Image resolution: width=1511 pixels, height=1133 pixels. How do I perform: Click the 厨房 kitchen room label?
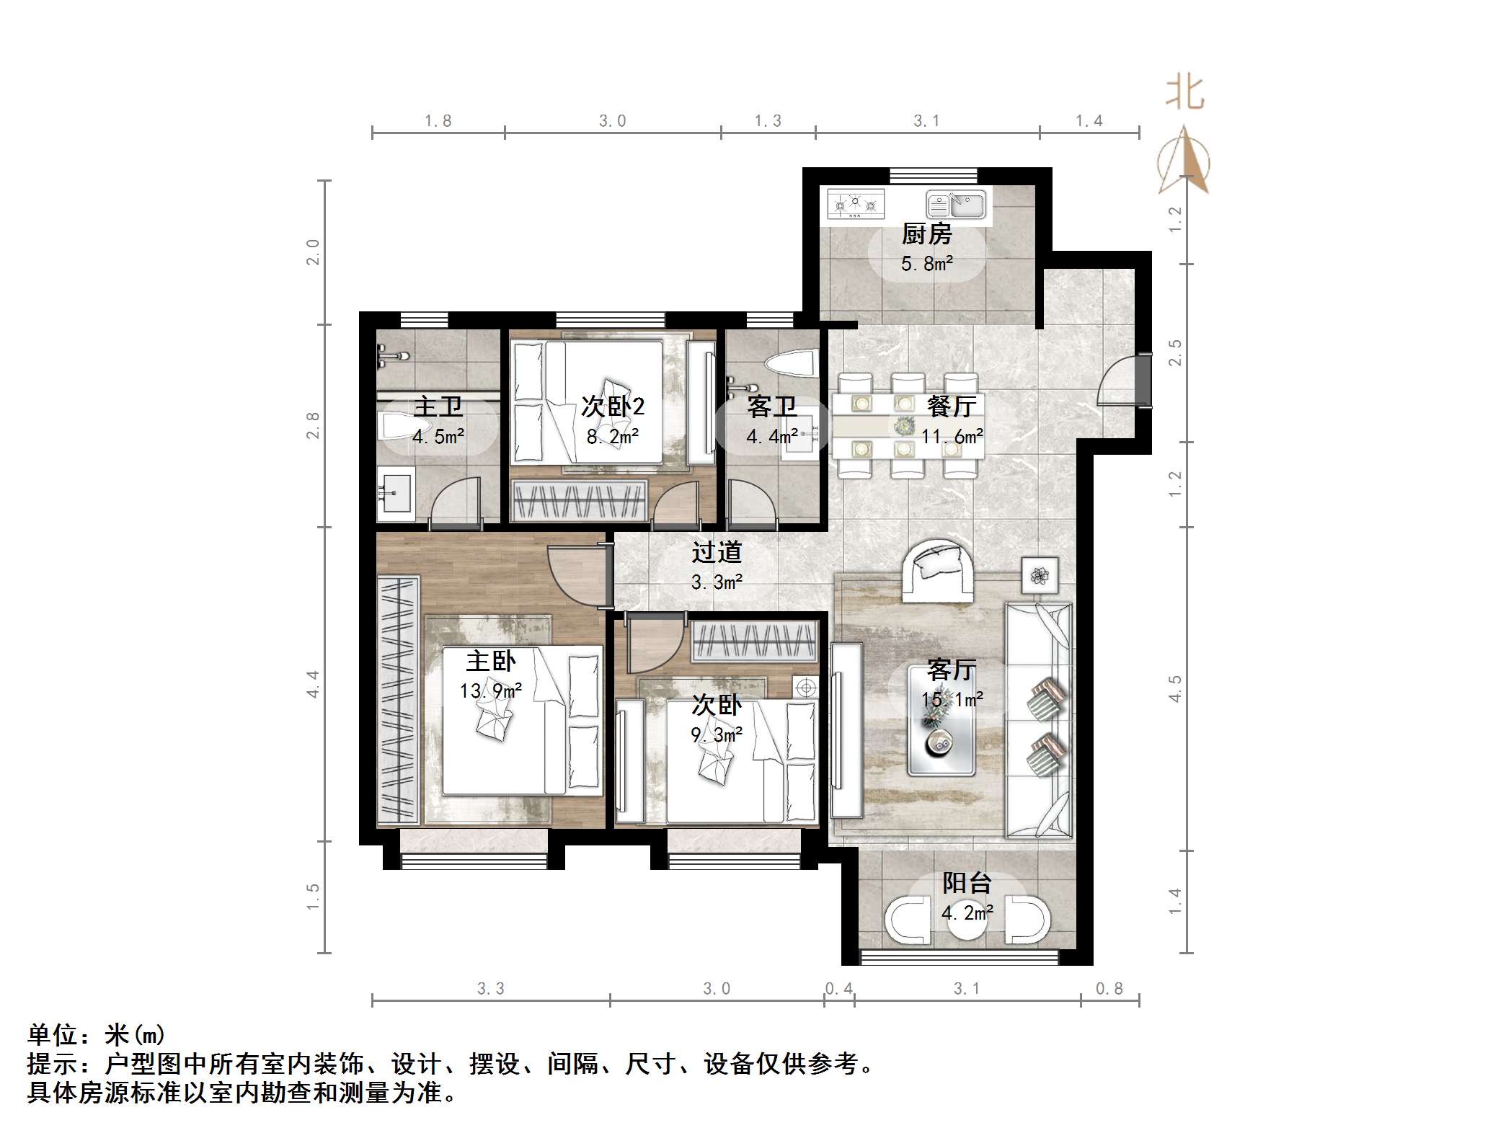[x=926, y=234]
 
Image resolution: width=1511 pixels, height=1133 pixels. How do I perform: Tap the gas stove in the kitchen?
[x=855, y=203]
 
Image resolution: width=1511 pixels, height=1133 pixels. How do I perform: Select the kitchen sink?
[x=956, y=205]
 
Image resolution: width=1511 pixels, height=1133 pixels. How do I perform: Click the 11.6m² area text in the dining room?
[x=952, y=436]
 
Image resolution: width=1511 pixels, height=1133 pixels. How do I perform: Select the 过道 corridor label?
[x=716, y=552]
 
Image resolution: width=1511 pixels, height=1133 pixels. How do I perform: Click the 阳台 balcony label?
[x=967, y=883]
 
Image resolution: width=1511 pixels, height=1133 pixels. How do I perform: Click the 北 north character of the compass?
[x=1184, y=93]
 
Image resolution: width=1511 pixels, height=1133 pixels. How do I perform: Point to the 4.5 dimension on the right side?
[x=1175, y=688]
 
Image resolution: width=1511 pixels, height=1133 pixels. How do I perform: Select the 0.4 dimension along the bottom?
[x=838, y=989]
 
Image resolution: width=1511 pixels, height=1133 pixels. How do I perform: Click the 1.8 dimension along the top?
[x=438, y=121]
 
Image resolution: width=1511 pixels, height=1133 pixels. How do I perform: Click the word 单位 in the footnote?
[x=53, y=1036]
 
